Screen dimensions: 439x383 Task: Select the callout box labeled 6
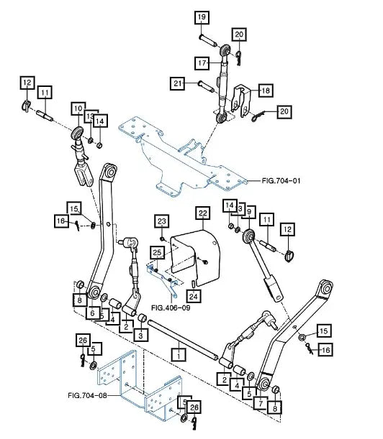coord(91,313)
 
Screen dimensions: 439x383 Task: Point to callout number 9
coord(250,211)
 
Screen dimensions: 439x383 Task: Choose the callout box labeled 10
coord(78,108)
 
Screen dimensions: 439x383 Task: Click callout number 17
coord(204,63)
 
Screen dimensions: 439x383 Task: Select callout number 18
coord(246,91)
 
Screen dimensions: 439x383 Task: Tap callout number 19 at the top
coord(200,17)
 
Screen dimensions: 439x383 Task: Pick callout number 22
coord(202,213)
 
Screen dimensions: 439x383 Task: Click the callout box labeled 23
coord(161,221)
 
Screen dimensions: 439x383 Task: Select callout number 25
coord(156,252)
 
